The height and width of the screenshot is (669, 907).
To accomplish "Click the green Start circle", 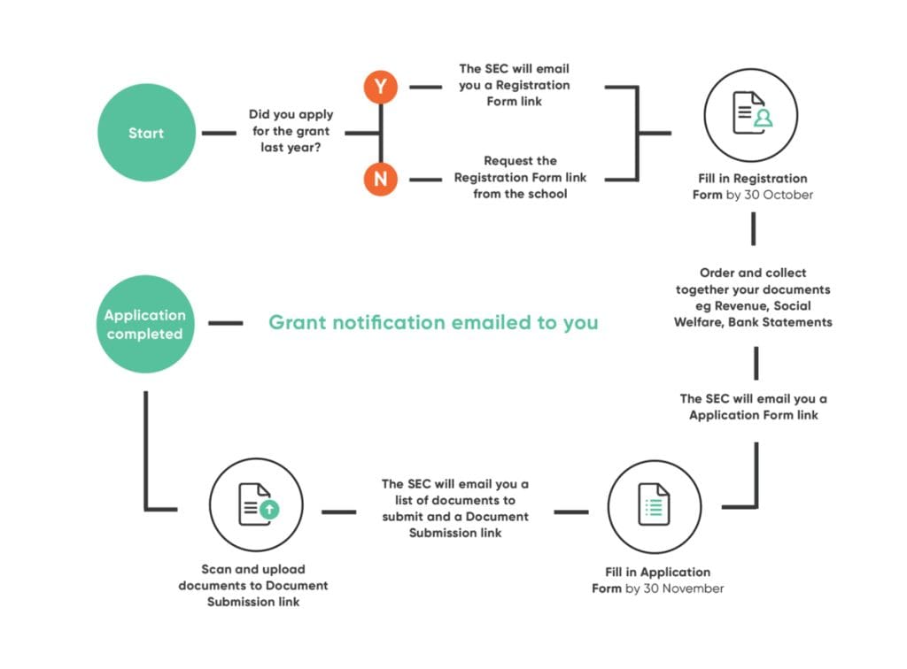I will point(145,133).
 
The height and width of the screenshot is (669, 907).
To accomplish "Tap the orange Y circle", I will point(380,87).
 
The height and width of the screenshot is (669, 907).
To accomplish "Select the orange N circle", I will point(380,178).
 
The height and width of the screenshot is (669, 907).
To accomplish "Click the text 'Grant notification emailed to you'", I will point(433,323).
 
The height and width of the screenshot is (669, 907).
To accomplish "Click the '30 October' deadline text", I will point(779,195).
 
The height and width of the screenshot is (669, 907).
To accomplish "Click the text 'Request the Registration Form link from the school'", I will point(520,177).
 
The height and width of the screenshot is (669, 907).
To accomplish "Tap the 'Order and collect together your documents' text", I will point(753,281).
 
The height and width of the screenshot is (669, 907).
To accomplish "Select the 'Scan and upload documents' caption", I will point(253,585).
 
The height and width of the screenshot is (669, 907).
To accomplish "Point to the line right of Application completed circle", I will point(225,323).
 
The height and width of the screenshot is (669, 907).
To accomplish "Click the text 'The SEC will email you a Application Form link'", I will point(753,407).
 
